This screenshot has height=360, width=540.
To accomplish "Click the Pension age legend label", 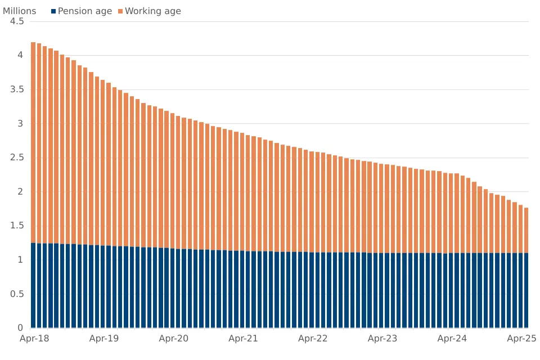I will pyautogui.click(x=85, y=11).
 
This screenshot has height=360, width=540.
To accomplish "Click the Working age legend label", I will pyautogui.click(x=152, y=11).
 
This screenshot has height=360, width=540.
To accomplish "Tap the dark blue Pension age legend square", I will pyautogui.click(x=53, y=11).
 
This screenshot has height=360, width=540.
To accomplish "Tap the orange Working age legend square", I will pyautogui.click(x=120, y=11).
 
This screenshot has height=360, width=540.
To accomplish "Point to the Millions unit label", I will pyautogui.click(x=19, y=11).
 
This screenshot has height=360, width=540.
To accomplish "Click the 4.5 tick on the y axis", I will pyautogui.click(x=17, y=21).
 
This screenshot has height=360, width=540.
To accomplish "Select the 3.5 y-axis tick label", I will pyautogui.click(x=17, y=89).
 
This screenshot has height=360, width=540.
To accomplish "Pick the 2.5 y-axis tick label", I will pyautogui.click(x=17, y=157).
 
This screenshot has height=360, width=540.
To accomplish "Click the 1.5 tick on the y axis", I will pyautogui.click(x=17, y=226).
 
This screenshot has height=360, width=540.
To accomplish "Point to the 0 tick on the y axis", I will pyautogui.click(x=20, y=328).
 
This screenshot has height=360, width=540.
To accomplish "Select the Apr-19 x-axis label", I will pyautogui.click(x=104, y=339).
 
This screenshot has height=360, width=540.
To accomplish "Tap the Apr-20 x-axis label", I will pyautogui.click(x=174, y=339).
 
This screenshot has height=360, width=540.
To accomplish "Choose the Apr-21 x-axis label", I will pyautogui.click(x=243, y=339).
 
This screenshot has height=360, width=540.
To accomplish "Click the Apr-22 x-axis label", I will pyautogui.click(x=313, y=339).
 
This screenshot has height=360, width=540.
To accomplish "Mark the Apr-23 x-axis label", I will pyautogui.click(x=382, y=339).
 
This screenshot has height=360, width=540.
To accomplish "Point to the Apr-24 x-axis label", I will pyautogui.click(x=452, y=339).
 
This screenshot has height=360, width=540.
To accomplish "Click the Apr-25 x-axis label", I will pyautogui.click(x=521, y=339).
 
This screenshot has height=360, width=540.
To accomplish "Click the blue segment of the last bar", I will pyautogui.click(x=526, y=290).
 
